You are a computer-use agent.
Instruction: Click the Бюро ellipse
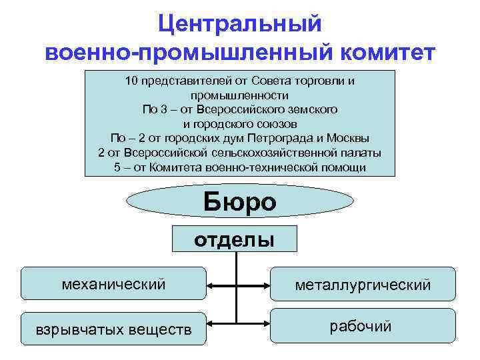(239, 201)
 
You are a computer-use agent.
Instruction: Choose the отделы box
(234, 239)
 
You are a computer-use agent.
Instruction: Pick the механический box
(113, 285)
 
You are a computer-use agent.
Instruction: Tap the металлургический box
(363, 285)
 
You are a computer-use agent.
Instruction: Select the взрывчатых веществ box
(113, 329)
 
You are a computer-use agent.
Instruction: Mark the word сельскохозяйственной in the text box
(285, 153)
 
